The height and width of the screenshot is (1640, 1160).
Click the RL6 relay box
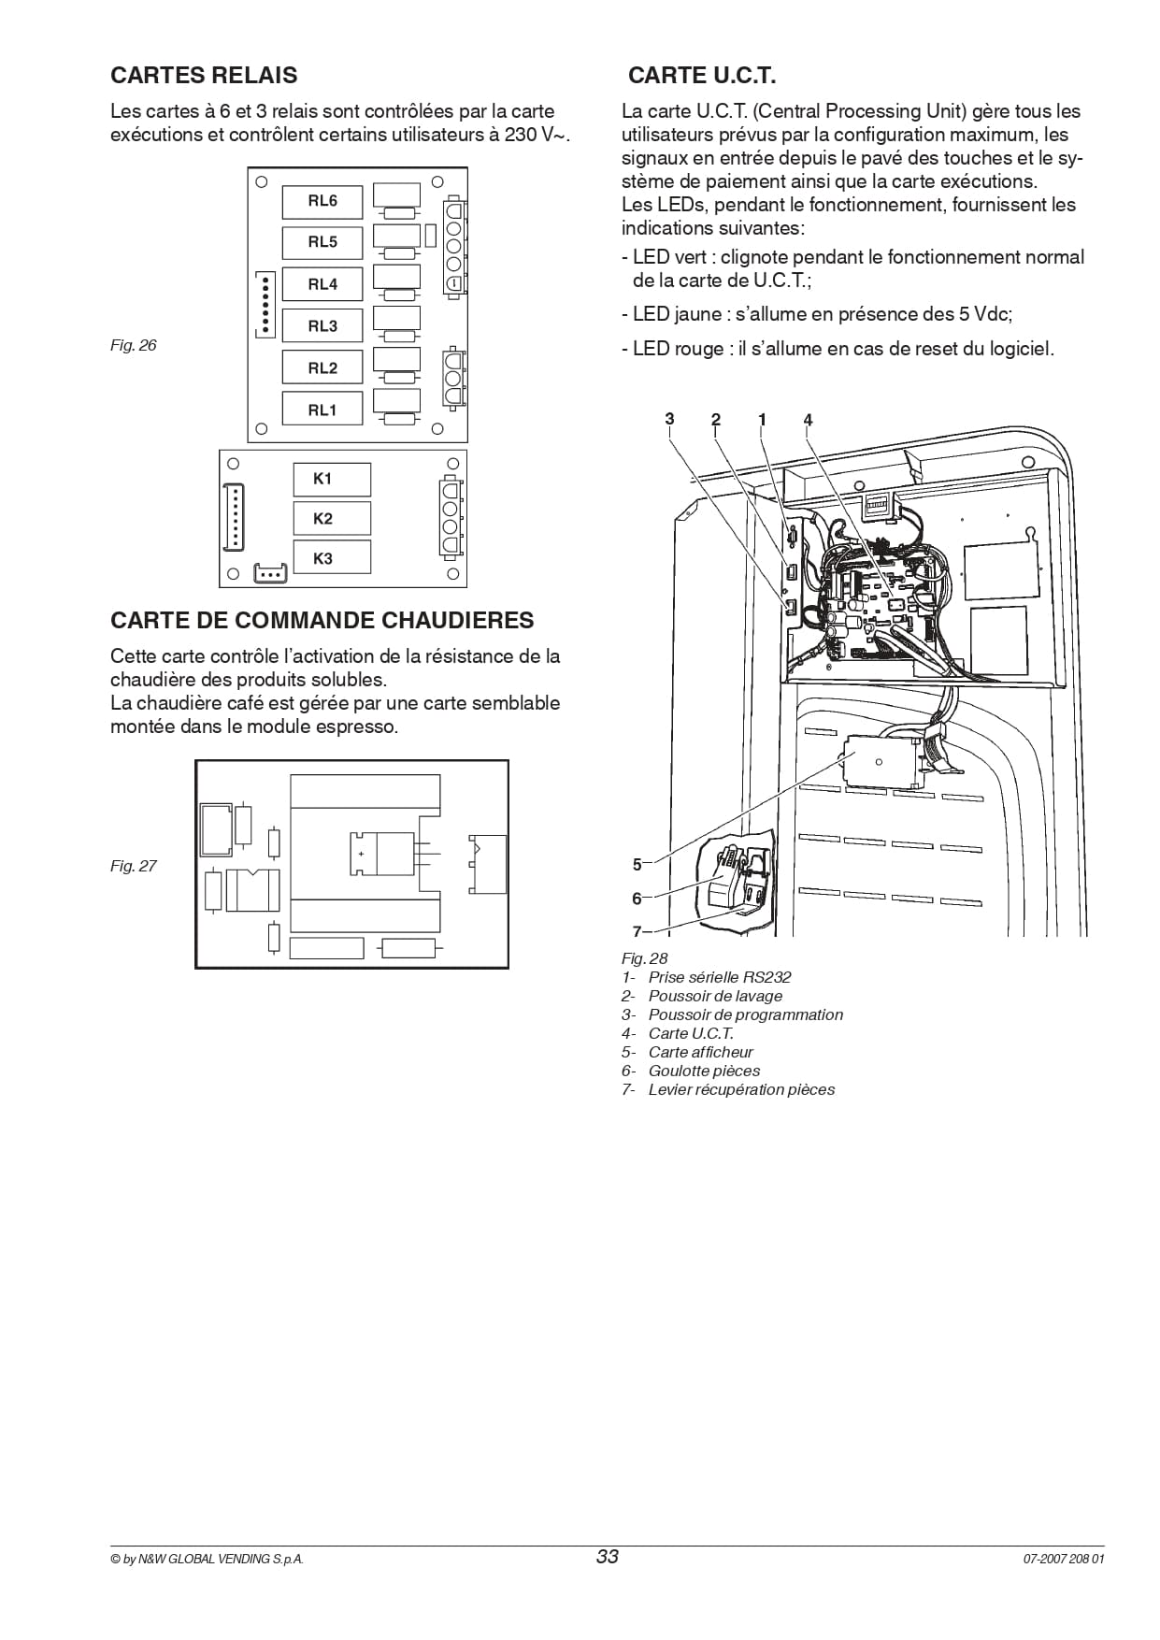click(322, 201)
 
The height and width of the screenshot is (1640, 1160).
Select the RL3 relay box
click(322, 326)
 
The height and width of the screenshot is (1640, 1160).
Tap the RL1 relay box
click(322, 410)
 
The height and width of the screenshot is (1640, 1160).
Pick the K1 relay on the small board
click(332, 479)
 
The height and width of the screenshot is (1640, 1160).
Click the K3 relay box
click(332, 558)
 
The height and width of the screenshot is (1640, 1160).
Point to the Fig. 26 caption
click(134, 345)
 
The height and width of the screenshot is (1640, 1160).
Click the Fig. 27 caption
click(134, 866)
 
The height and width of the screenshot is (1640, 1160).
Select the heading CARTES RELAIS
click(204, 75)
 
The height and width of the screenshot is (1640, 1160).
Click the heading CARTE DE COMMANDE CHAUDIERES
click(322, 620)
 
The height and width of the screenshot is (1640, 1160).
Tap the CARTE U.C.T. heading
click(702, 75)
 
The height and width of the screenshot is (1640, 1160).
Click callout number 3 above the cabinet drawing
click(669, 419)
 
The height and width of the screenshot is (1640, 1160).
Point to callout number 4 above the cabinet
click(809, 419)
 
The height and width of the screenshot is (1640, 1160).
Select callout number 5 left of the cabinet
click(637, 865)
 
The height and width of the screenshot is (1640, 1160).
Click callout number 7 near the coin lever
click(637, 931)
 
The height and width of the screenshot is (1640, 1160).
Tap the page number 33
click(608, 1557)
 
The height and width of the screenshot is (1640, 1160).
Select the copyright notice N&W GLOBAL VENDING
click(207, 1560)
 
